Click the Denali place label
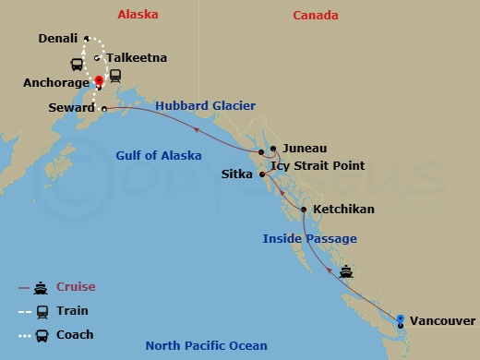[58, 39]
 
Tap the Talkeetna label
[136, 58]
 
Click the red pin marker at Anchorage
[98, 79]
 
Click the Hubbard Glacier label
[205, 106]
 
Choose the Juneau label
[305, 148]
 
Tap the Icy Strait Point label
[318, 166]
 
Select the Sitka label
[237, 174]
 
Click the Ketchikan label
[343, 210]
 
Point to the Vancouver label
[443, 321]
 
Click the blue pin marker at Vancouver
[401, 320]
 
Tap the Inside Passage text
[309, 239]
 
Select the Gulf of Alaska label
[159, 155]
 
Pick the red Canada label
[316, 16]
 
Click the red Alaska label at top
[138, 15]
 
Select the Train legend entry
[73, 311]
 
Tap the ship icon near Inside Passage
[346, 271]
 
